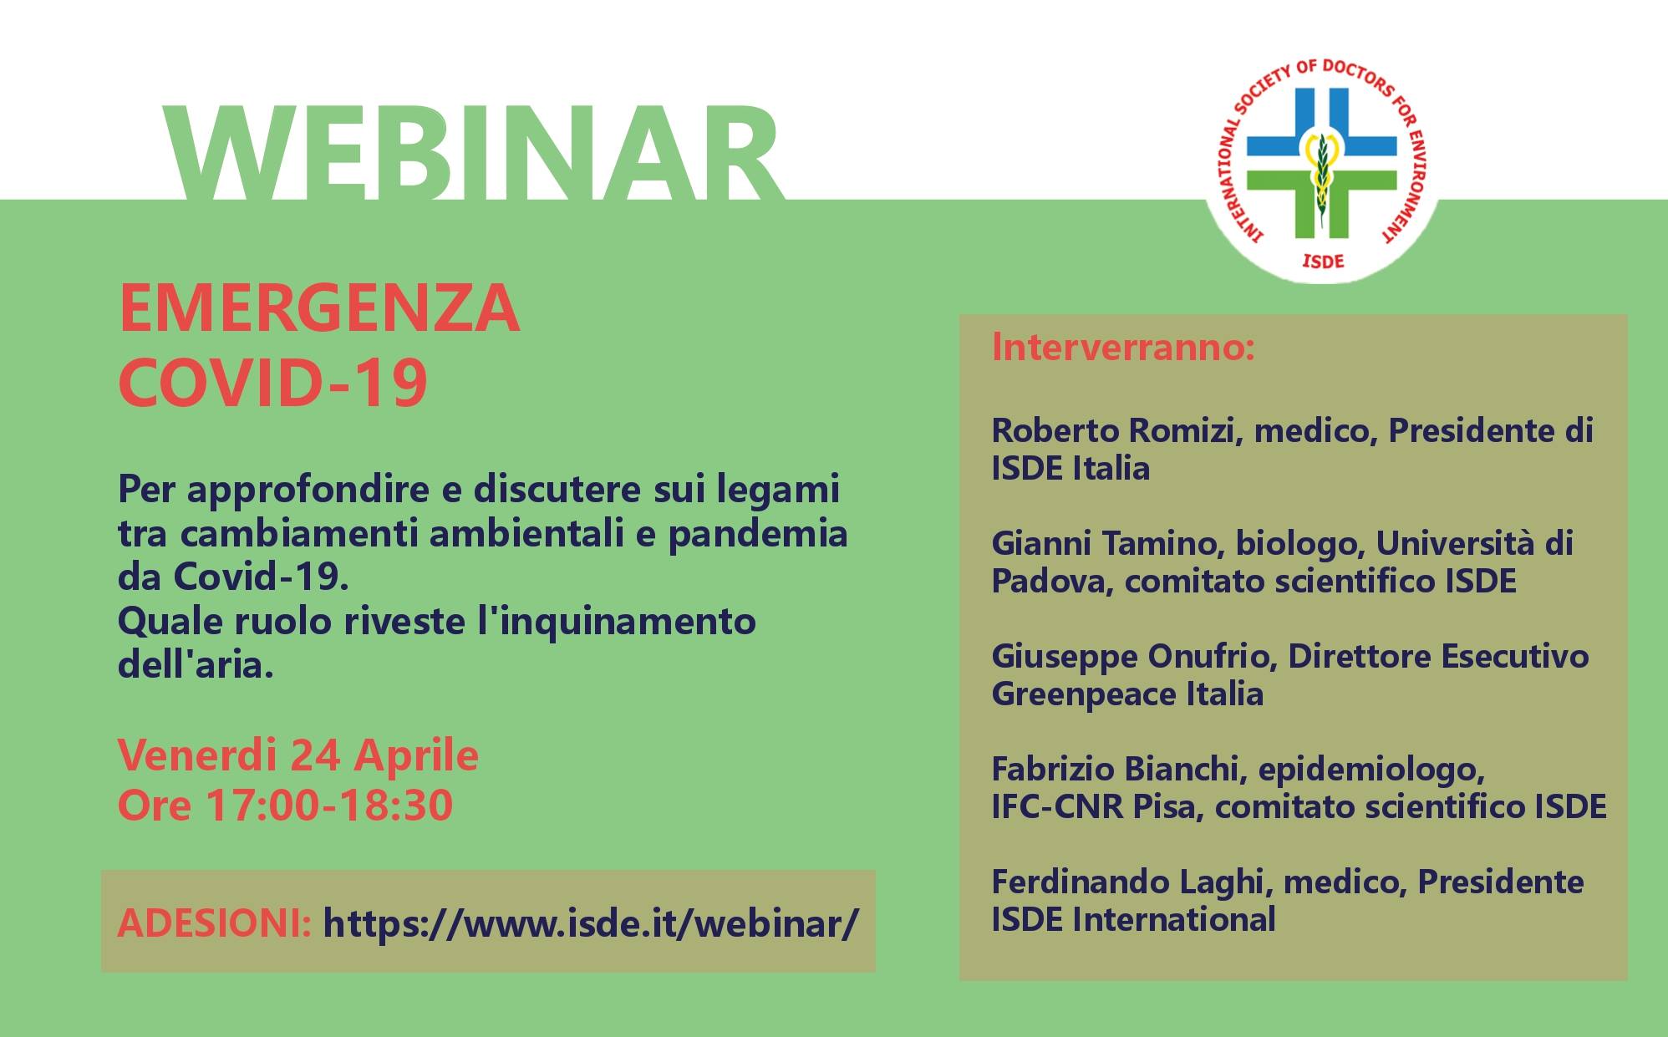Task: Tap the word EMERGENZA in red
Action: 319,308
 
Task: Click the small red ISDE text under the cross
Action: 1323,262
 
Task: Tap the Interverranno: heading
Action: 1123,347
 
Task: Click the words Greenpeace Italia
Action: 1127,694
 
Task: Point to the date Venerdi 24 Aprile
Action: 297,755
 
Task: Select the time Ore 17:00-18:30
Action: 285,805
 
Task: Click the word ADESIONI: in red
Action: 214,923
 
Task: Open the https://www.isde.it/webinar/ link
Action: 591,923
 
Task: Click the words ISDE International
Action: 1133,920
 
